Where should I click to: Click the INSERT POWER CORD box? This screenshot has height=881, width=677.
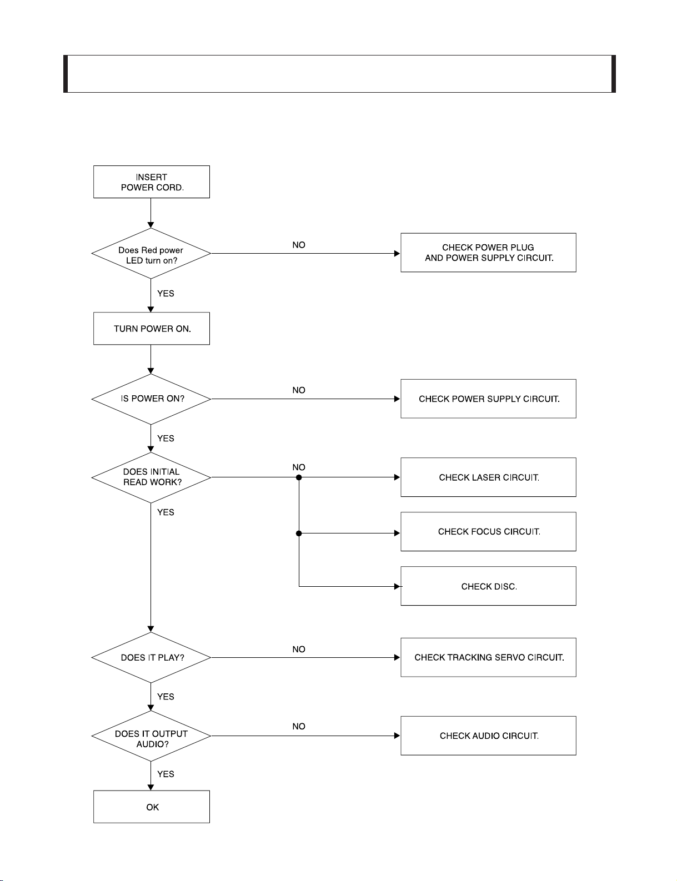click(x=151, y=182)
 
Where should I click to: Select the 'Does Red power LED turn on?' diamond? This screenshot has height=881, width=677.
click(x=151, y=253)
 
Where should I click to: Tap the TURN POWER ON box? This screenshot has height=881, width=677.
click(x=151, y=329)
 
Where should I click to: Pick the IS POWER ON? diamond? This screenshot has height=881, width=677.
click(x=151, y=399)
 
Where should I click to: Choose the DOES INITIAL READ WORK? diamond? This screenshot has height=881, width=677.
click(x=151, y=477)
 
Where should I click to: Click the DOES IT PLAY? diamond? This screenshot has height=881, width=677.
click(x=151, y=657)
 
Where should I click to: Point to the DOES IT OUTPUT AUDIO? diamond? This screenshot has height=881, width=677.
click(x=151, y=736)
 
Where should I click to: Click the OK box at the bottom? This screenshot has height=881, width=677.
click(x=151, y=807)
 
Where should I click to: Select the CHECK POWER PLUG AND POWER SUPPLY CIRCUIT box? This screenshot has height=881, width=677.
click(x=488, y=252)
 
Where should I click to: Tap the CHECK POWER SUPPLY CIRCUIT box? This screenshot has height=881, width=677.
click(x=488, y=399)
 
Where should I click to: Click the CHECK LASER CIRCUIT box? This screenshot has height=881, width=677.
click(x=488, y=477)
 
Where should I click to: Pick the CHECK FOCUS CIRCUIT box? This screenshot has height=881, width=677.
click(x=488, y=531)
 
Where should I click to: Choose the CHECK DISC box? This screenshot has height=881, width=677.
click(x=488, y=586)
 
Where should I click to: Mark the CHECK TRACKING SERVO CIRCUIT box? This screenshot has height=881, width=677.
click(x=488, y=657)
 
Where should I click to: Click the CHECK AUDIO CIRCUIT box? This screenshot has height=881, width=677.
click(x=488, y=736)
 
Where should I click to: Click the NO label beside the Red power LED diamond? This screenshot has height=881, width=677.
click(x=299, y=245)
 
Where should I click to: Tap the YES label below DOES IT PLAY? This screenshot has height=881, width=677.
click(x=166, y=697)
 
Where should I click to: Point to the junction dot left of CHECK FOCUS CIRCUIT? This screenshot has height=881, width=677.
click(x=299, y=533)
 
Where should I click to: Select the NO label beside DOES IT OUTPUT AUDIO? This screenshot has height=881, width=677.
click(x=299, y=726)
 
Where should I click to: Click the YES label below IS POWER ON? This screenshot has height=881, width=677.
click(x=166, y=438)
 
